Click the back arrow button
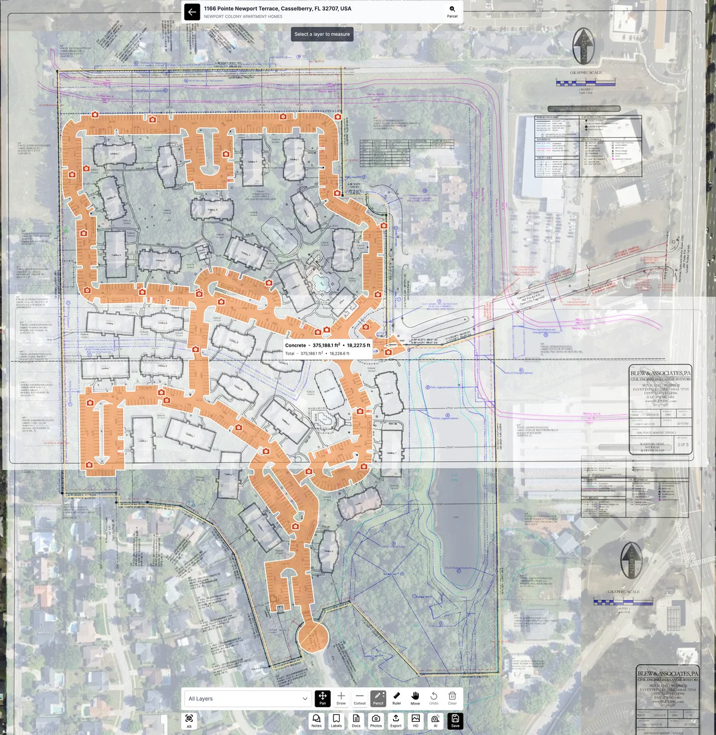tap(192, 12)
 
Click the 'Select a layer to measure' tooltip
tap(322, 35)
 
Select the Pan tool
tap(322, 698)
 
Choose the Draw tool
tap(341, 698)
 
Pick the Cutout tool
tap(360, 698)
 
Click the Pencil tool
tap(378, 698)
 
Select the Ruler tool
tap(397, 698)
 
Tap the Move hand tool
tap(415, 698)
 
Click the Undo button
tap(434, 698)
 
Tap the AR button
tap(189, 720)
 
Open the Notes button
tap(316, 721)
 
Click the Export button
tap(396, 721)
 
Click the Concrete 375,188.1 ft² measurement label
tap(328, 345)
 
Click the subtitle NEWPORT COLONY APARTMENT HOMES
tap(243, 17)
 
